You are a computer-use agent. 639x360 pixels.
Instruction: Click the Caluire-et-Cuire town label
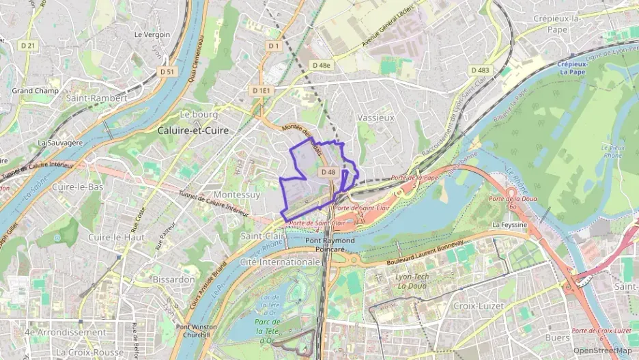tap(193, 130)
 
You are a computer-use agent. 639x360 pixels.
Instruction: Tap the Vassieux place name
tap(375, 117)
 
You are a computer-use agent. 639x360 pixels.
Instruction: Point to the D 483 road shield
tap(480, 70)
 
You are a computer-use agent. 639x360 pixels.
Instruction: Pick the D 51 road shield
tap(167, 71)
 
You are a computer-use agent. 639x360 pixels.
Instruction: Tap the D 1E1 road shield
tap(261, 90)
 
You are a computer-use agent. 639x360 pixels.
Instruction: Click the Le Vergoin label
tap(152, 34)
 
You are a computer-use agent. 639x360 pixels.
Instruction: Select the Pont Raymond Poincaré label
tap(330, 245)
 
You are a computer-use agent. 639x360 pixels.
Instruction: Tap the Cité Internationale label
tap(281, 262)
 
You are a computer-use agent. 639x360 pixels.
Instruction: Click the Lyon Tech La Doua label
tap(412, 281)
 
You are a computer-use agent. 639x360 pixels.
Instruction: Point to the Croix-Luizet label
tap(479, 306)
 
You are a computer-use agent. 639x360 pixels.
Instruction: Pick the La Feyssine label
tap(510, 224)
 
